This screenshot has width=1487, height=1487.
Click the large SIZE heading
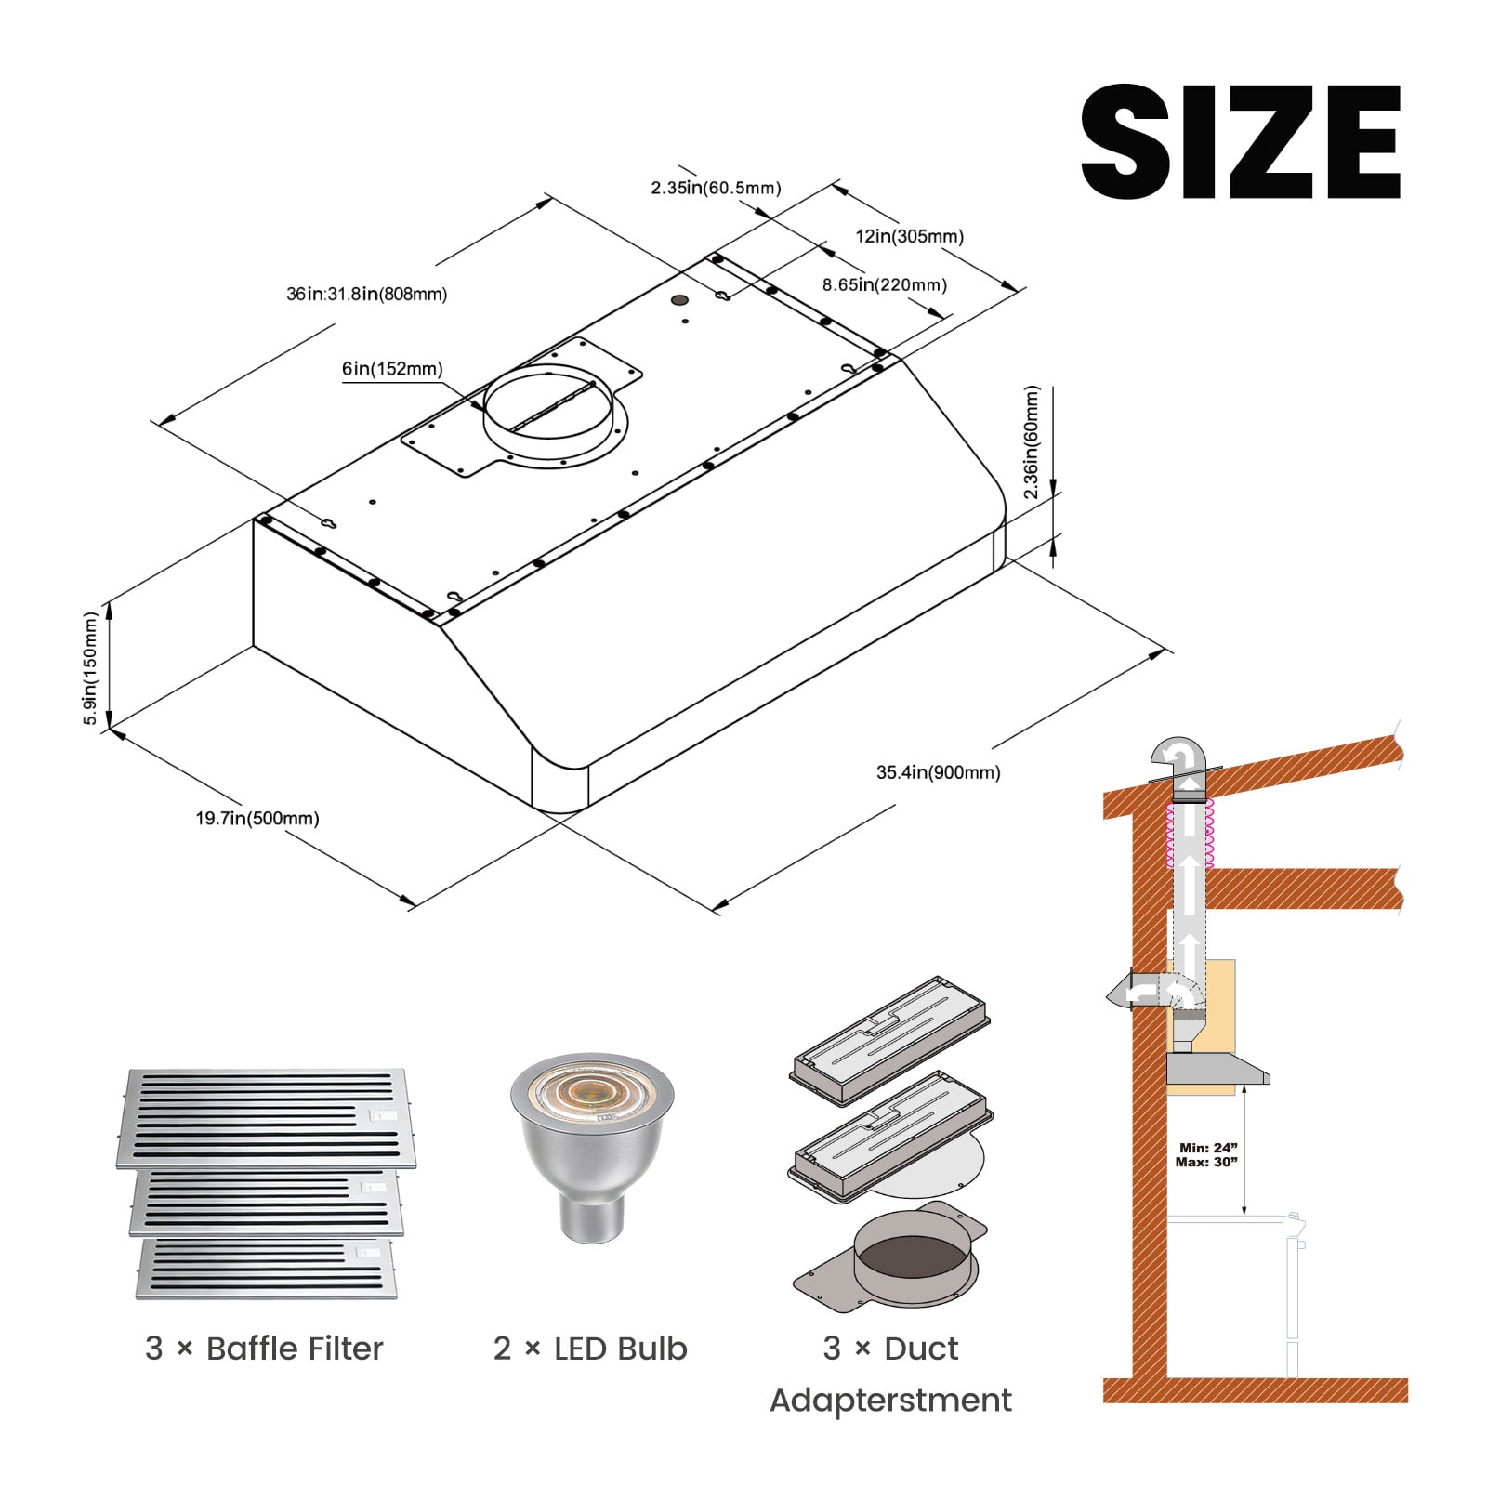pyautogui.click(x=1241, y=141)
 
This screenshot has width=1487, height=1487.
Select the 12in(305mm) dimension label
pyautogui.click(x=909, y=236)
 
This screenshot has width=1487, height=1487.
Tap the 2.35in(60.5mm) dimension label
pyautogui.click(x=716, y=188)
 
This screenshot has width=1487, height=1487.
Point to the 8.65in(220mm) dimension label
pyautogui.click(x=885, y=284)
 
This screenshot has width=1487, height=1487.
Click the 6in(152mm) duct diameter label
pyautogui.click(x=392, y=368)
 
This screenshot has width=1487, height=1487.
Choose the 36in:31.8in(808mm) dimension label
pyautogui.click(x=366, y=294)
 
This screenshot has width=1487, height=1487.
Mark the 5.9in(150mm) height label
pyautogui.click(x=90, y=668)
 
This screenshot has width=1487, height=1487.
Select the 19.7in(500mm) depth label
pyautogui.click(x=257, y=818)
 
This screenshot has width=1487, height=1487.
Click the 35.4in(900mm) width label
pyautogui.click(x=939, y=771)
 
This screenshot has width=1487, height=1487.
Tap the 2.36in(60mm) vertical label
pyautogui.click(x=1031, y=442)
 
